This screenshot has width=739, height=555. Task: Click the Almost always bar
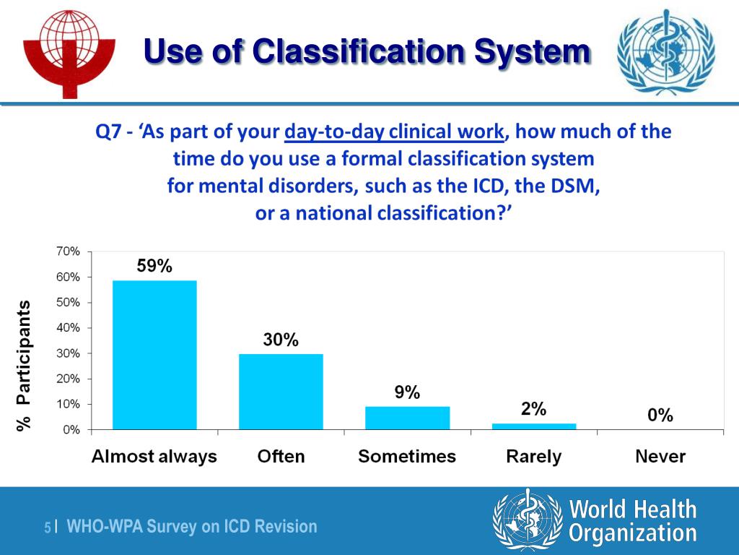[x=154, y=355]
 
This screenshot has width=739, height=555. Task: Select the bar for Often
[x=281, y=391]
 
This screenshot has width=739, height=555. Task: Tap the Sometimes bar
[x=407, y=418]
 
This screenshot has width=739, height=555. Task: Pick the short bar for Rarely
[x=534, y=426]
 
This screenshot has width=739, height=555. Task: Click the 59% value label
[x=154, y=266]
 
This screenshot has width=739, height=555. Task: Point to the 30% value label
[x=281, y=340]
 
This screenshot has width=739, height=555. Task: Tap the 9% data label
[x=407, y=392]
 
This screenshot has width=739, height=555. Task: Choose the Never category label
[x=660, y=457]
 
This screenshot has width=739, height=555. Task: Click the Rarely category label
[x=534, y=457]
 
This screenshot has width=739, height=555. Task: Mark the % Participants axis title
[x=25, y=366]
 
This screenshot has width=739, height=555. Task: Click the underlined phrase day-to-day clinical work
[x=393, y=132]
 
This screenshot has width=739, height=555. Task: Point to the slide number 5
[x=48, y=528]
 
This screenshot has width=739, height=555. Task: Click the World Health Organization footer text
[x=633, y=521]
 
